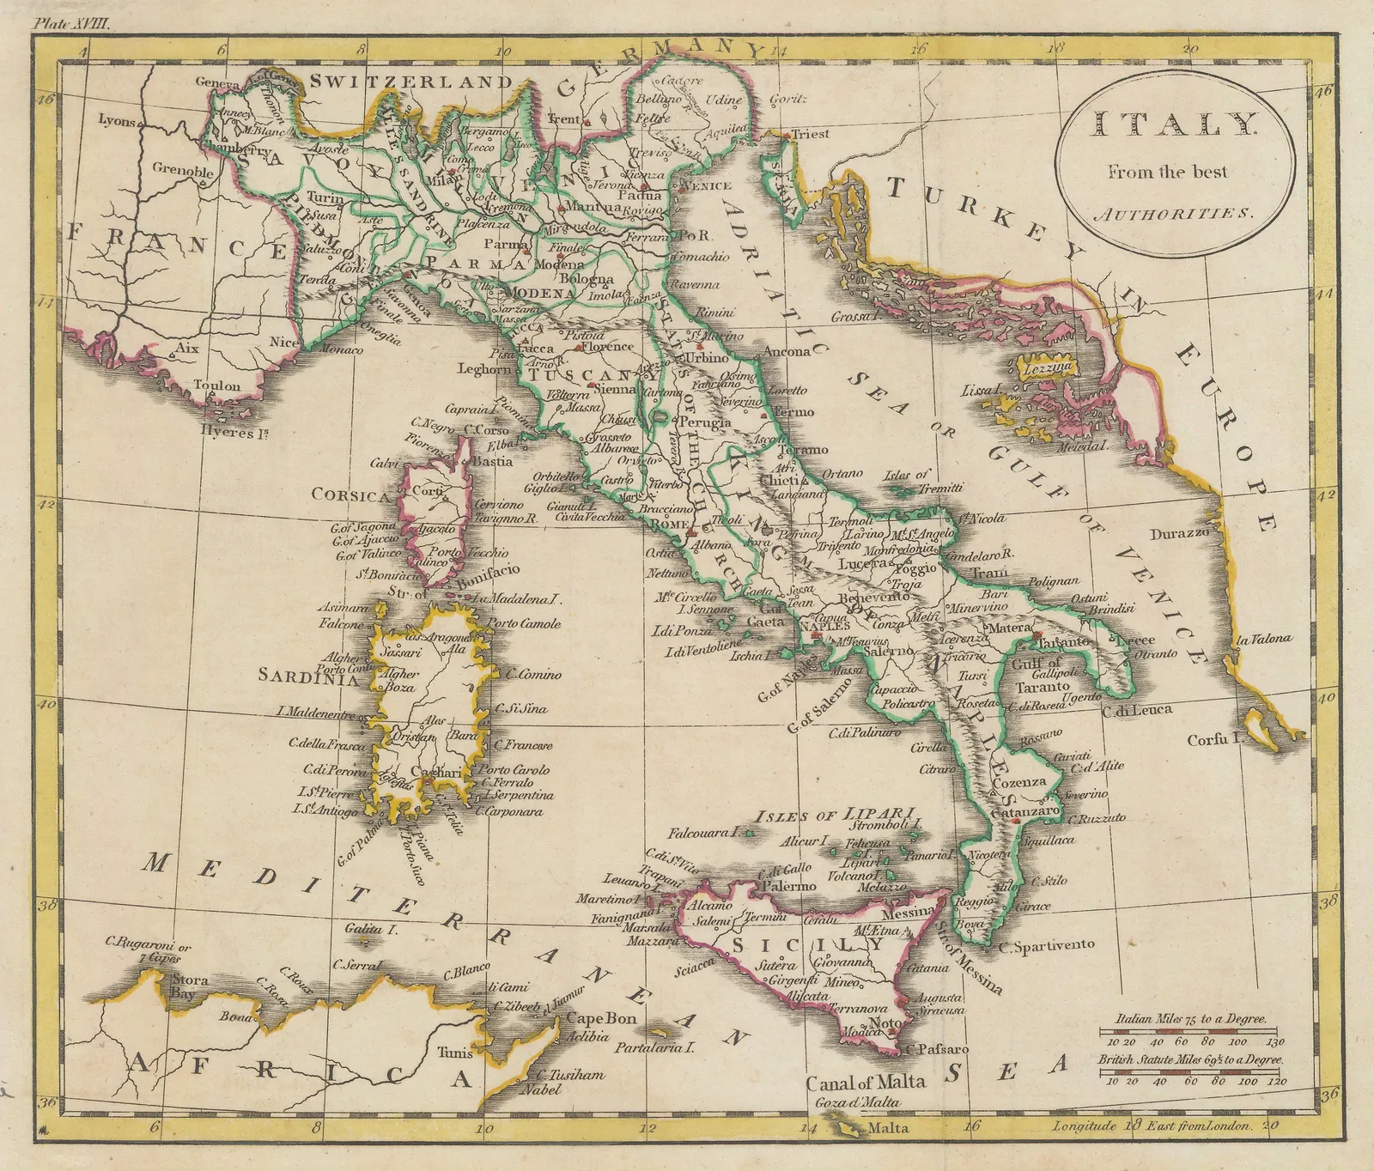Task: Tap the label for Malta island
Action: point(887,1128)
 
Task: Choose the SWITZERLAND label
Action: point(411,82)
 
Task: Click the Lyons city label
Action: point(117,120)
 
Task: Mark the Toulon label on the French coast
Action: point(217,385)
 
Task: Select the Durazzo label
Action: point(1179,533)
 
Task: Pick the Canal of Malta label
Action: point(866,1083)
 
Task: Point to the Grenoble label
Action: point(183,170)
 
